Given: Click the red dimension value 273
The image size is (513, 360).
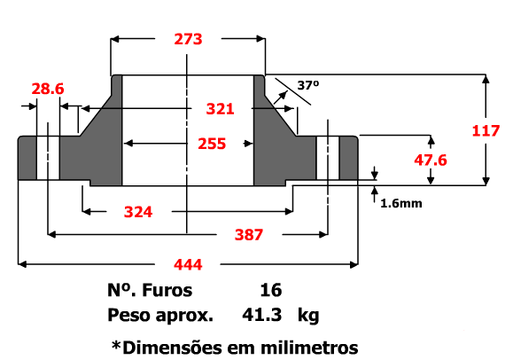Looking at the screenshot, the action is click(188, 39).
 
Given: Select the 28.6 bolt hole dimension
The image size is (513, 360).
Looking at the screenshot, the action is click(48, 89).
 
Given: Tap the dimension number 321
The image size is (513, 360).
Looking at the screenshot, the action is click(221, 109).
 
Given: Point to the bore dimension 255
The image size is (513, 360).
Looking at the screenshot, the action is click(212, 144).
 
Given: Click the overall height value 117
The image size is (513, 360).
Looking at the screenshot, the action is click(486, 131).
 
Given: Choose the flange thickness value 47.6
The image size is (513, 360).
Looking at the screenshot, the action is click(431, 160).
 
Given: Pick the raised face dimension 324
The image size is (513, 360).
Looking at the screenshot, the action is click(138, 212).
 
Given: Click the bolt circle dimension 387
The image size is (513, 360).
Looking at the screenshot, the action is click(249, 235).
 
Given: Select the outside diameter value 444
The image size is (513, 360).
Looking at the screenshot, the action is click(188, 264).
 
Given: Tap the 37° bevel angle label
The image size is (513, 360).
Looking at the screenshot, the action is click(307, 85).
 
